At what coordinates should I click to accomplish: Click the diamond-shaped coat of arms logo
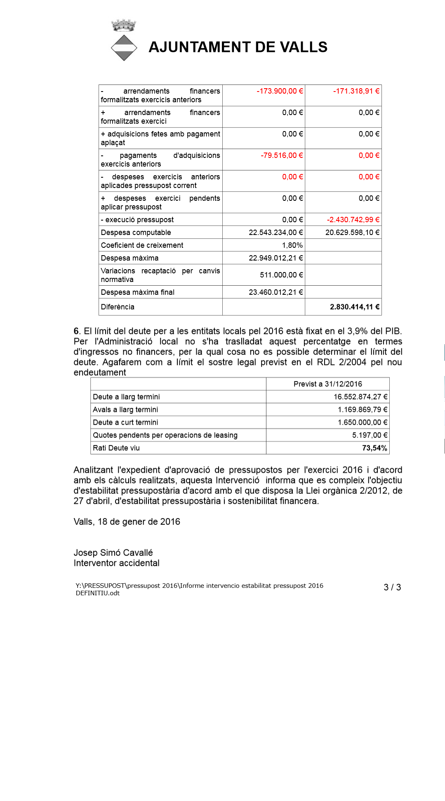(x=124, y=48)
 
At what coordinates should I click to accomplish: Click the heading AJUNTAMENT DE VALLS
(x=238, y=47)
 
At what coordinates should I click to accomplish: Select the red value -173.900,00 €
(x=280, y=91)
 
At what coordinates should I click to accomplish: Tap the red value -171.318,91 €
(x=356, y=91)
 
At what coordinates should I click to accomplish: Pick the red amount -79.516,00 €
(x=282, y=155)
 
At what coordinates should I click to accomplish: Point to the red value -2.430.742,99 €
(x=353, y=220)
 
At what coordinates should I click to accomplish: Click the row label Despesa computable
(x=136, y=233)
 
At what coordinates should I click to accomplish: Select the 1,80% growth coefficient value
(x=292, y=245)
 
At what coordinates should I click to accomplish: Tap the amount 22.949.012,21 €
(x=276, y=258)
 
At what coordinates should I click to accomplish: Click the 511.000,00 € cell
(x=281, y=275)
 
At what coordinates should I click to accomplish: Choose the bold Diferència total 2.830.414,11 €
(x=355, y=307)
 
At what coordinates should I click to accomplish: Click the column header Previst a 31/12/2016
(x=328, y=384)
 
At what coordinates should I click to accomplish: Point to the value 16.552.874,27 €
(x=360, y=397)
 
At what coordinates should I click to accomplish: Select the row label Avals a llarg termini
(x=125, y=410)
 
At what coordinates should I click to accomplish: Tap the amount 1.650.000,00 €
(x=363, y=423)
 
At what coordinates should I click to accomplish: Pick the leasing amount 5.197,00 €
(x=370, y=435)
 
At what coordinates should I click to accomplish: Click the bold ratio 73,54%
(x=374, y=448)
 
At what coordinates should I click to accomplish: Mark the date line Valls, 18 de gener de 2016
(x=127, y=522)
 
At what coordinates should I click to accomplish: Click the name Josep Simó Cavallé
(x=113, y=553)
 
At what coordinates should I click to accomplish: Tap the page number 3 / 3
(x=392, y=587)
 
